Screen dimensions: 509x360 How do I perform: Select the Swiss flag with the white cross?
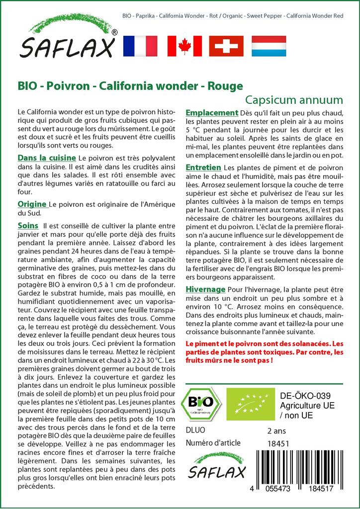226,46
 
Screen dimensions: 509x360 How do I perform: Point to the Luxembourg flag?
269,46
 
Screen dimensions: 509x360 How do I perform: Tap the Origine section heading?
32,204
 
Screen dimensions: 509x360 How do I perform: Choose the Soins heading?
28,225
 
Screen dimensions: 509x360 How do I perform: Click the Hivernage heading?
205,289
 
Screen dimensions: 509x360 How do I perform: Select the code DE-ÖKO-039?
302,396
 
